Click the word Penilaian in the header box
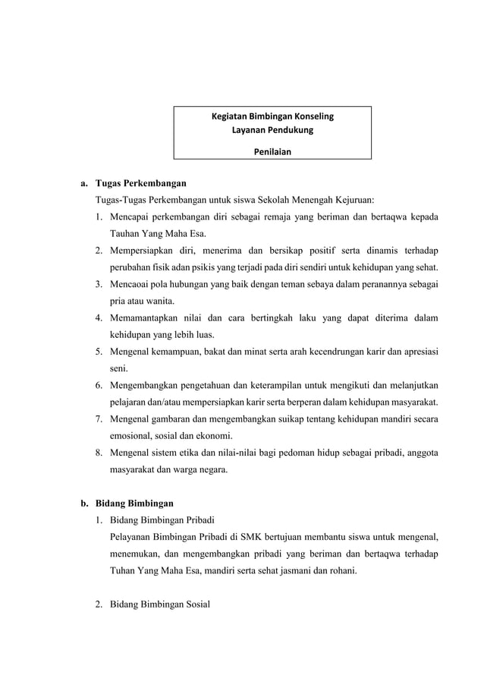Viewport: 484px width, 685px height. (x=272, y=151)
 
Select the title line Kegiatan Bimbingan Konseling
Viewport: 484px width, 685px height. (x=272, y=117)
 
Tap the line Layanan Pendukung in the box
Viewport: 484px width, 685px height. (x=272, y=131)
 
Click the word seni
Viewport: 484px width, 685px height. (x=118, y=368)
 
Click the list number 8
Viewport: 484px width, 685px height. (x=99, y=453)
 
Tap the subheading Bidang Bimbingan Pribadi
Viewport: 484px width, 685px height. (x=162, y=520)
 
